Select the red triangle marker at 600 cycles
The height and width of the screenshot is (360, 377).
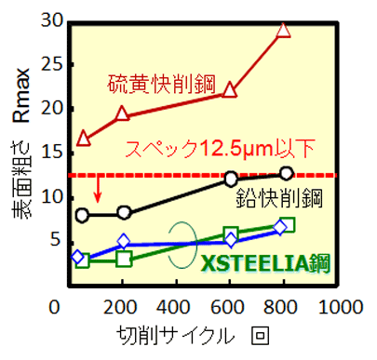point(231,90)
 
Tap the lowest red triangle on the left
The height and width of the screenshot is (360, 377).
point(84,139)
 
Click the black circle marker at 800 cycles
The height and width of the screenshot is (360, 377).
point(286,173)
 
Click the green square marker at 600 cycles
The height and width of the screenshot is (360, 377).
point(231,234)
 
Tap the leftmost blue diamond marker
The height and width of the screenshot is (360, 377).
point(78,257)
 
